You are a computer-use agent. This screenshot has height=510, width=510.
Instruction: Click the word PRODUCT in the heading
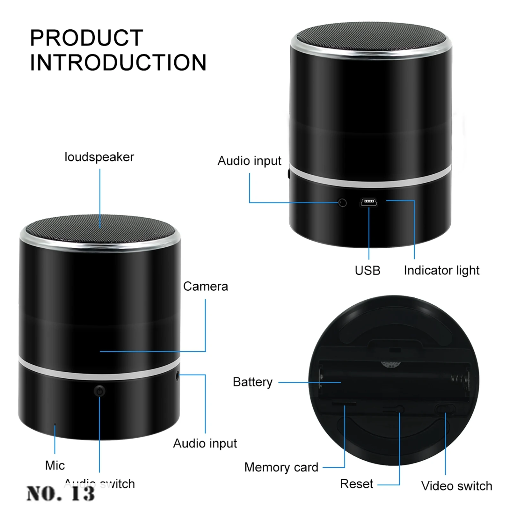(86, 38)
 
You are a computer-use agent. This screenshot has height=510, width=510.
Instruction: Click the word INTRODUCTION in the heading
(118, 62)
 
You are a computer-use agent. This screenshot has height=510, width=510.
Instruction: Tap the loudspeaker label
(99, 157)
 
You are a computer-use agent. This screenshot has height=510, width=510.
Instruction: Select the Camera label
(206, 286)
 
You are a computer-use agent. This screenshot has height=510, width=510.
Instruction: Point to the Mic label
(55, 465)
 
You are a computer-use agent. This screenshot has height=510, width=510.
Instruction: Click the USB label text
(368, 270)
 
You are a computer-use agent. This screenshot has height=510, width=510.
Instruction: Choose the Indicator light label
(441, 270)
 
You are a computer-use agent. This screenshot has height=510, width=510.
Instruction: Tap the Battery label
(252, 382)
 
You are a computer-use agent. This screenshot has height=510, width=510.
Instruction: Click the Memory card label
(281, 467)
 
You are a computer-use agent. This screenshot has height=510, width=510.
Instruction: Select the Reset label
(356, 484)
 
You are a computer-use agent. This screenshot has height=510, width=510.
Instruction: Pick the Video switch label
(456, 486)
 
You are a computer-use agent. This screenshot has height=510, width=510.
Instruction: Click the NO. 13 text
(61, 494)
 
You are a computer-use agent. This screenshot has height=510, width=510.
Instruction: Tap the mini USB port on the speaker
(369, 202)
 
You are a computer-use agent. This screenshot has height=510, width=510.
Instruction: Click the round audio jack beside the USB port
(342, 203)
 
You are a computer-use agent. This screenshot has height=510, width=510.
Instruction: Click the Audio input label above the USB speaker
(249, 161)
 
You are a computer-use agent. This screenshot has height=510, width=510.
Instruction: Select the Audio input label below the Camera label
(205, 443)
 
